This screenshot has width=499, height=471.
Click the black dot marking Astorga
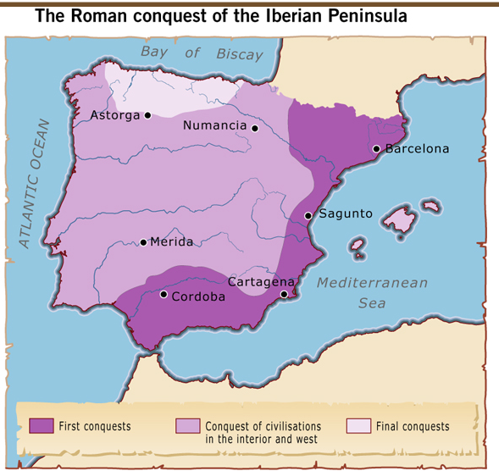pos(147,115)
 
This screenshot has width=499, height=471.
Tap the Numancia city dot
pos(254,128)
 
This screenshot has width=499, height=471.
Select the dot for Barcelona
pos(376,149)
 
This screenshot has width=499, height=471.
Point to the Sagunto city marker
pos(308,216)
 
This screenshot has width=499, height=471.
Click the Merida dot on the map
pos(143,242)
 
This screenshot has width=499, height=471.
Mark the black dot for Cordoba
pos(164,295)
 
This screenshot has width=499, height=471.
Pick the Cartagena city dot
pos(284,294)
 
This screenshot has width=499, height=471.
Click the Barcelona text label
pos(417,149)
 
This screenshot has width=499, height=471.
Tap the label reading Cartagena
pos(261,282)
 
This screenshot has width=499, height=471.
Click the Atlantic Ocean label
pos(36,183)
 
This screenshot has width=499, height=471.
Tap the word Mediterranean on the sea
pos(372,283)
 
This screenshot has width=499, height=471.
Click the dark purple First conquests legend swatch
pos(42,425)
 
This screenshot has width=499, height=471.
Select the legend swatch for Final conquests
pos(359,425)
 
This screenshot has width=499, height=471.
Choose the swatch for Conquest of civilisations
pos(188,425)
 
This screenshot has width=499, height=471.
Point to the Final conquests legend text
pos(413,426)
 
